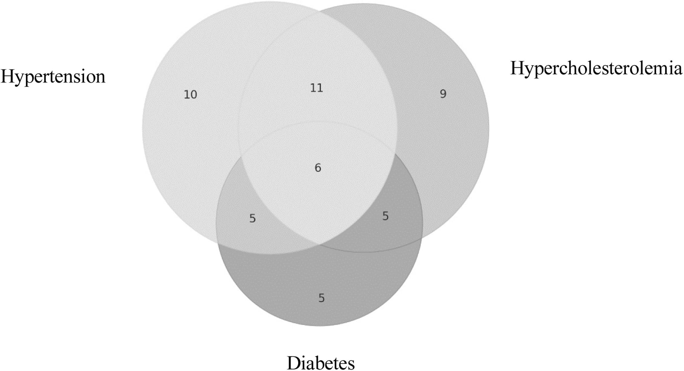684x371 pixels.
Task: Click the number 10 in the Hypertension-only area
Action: click(x=190, y=95)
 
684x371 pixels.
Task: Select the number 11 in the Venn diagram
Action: click(x=317, y=88)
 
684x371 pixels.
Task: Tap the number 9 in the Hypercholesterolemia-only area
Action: click(x=443, y=94)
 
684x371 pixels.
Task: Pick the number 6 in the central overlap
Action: click(x=318, y=168)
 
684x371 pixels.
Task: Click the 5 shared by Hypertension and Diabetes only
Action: click(x=252, y=218)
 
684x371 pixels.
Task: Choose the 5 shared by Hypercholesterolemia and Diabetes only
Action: click(x=386, y=216)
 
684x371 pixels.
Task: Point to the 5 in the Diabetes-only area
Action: click(x=322, y=298)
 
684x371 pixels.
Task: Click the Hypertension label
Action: click(x=53, y=77)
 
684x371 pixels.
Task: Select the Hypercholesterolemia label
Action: click(x=596, y=69)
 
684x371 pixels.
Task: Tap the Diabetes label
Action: click(x=321, y=363)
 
